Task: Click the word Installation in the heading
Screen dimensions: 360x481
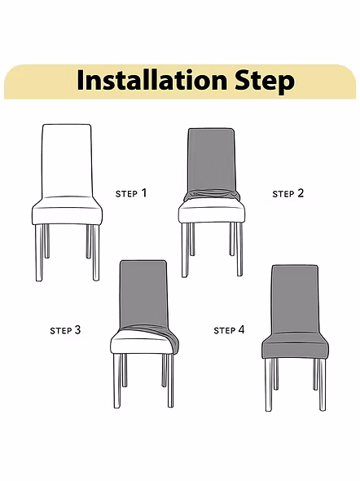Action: tap(152, 80)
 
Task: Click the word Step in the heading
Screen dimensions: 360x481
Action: tap(265, 82)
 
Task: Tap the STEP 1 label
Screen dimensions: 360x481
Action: tap(131, 193)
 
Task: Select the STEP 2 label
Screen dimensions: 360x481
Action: tap(288, 193)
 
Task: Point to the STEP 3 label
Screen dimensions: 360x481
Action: tap(65, 330)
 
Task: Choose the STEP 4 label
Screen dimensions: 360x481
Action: tap(229, 330)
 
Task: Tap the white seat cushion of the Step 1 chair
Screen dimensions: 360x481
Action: tap(67, 211)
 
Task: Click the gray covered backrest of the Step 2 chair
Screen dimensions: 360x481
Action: tap(212, 160)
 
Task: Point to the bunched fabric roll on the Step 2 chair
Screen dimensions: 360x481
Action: tap(212, 195)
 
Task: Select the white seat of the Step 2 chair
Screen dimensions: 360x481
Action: tap(212, 212)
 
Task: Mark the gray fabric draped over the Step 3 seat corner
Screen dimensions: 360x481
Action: tap(169, 338)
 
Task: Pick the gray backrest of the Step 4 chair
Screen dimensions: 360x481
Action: tap(295, 299)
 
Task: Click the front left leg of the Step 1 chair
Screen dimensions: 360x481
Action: tap(39, 253)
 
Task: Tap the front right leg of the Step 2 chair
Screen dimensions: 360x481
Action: tap(239, 249)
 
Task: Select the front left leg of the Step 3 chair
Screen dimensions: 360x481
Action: tap(117, 381)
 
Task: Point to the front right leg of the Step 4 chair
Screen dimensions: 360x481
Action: tap(322, 384)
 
